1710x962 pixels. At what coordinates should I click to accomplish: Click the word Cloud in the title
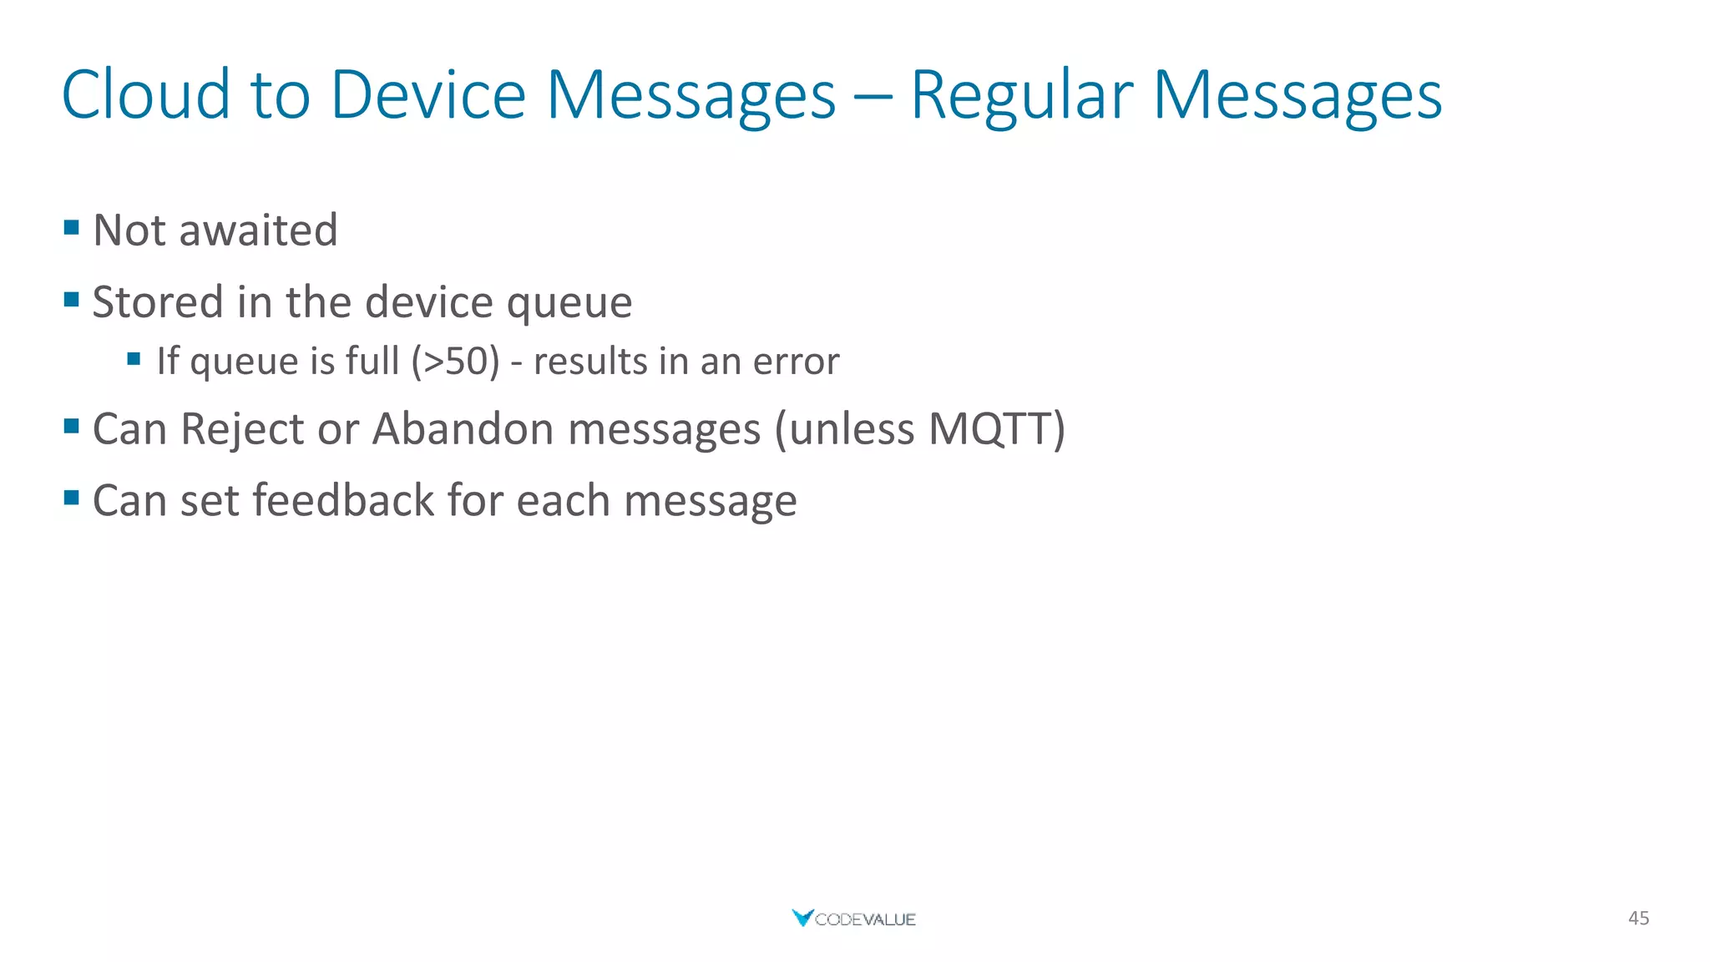point(145,94)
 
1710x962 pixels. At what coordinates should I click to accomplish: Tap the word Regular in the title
point(1021,94)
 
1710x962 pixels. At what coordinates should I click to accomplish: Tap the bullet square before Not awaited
point(72,227)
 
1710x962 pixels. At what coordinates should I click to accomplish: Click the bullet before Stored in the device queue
point(72,299)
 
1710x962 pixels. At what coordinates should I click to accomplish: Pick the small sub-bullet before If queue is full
point(134,359)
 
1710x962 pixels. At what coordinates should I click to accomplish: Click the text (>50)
point(455,362)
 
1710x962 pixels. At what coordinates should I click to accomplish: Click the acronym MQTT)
point(997,429)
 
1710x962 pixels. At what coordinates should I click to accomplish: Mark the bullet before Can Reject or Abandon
point(72,427)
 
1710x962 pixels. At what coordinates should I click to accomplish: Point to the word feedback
point(344,501)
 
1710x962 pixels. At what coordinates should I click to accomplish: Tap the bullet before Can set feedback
point(72,499)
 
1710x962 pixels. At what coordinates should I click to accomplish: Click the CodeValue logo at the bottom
point(853,919)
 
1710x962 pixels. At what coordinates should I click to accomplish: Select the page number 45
point(1638,919)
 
